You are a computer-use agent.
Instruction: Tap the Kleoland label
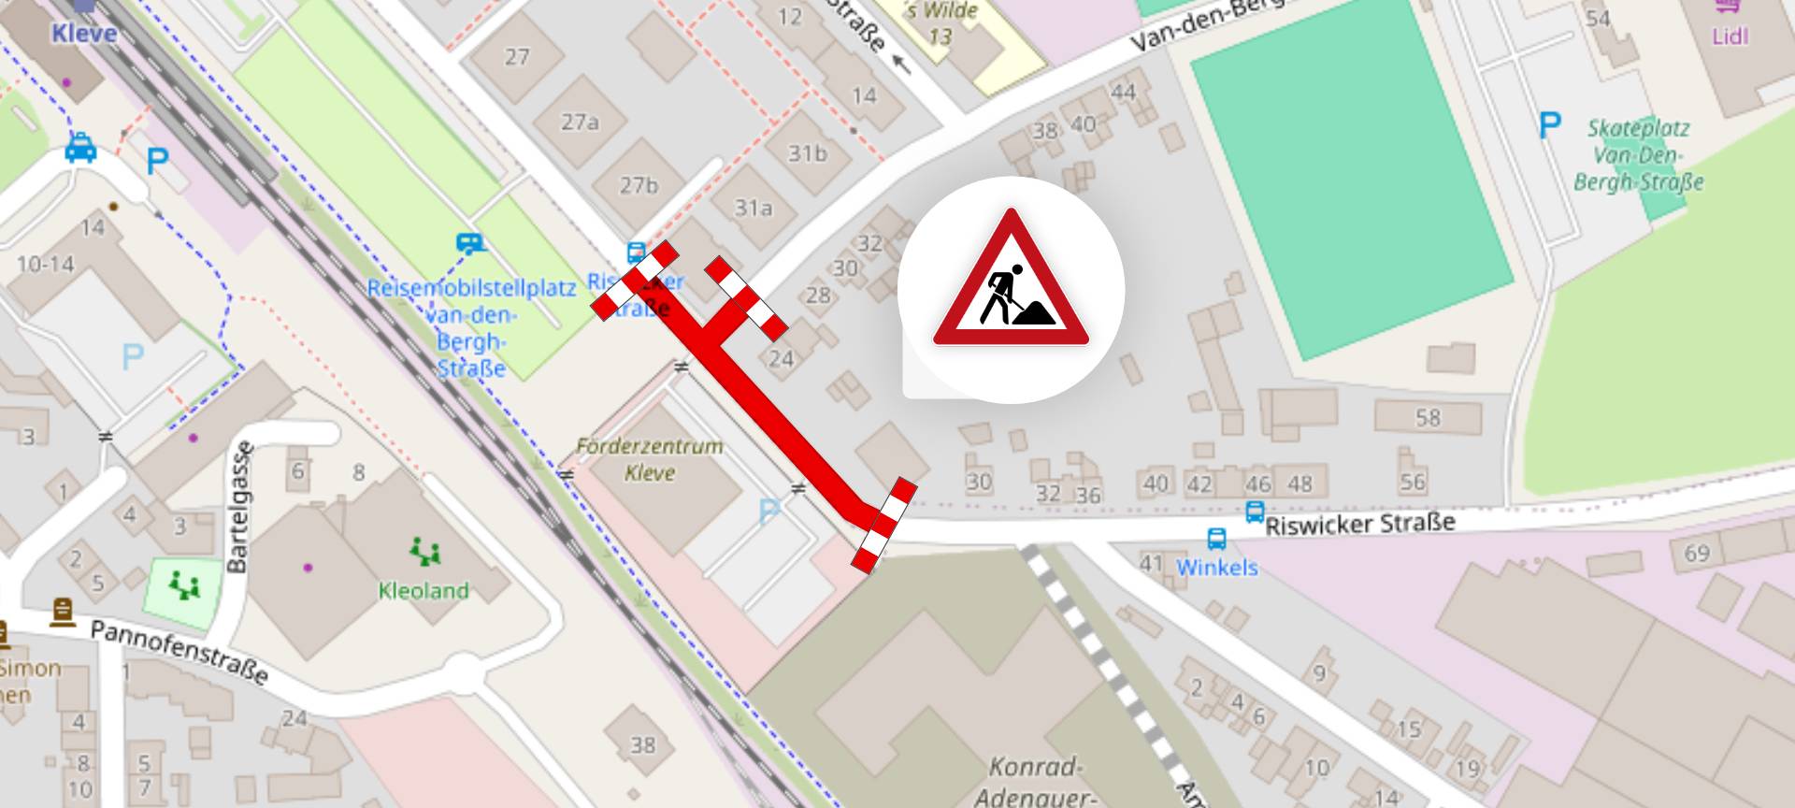tap(424, 591)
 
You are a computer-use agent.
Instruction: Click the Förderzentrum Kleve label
tap(650, 459)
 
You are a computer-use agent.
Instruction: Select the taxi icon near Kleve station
tap(81, 148)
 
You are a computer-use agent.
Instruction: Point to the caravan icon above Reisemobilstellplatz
tap(469, 244)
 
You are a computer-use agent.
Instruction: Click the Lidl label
tap(1730, 36)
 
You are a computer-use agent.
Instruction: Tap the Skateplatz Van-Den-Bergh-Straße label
tap(1638, 155)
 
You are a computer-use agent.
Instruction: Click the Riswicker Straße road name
tap(1360, 523)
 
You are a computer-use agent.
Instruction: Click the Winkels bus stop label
tap(1217, 568)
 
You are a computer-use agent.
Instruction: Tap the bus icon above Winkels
tap(1216, 540)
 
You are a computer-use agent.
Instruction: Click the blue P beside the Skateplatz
tap(1550, 124)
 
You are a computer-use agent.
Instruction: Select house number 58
tap(1428, 417)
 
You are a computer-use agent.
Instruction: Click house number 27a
tap(580, 123)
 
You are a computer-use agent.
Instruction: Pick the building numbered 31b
tap(807, 152)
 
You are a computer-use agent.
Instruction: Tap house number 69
tap(1697, 553)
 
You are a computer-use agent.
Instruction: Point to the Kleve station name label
tap(84, 34)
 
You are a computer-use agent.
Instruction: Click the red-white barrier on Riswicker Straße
tap(883, 524)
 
